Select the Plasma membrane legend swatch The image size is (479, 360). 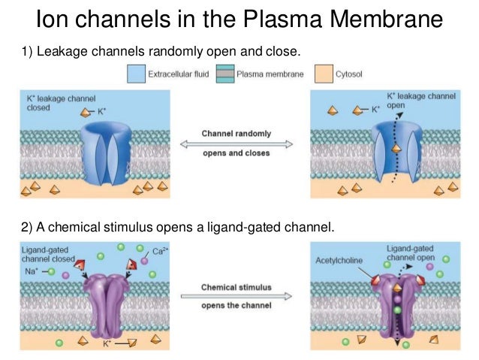point(224,74)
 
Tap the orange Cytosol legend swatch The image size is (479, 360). point(321,74)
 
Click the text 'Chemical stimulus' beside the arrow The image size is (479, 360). point(236,286)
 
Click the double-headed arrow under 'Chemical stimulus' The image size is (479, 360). point(236,296)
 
